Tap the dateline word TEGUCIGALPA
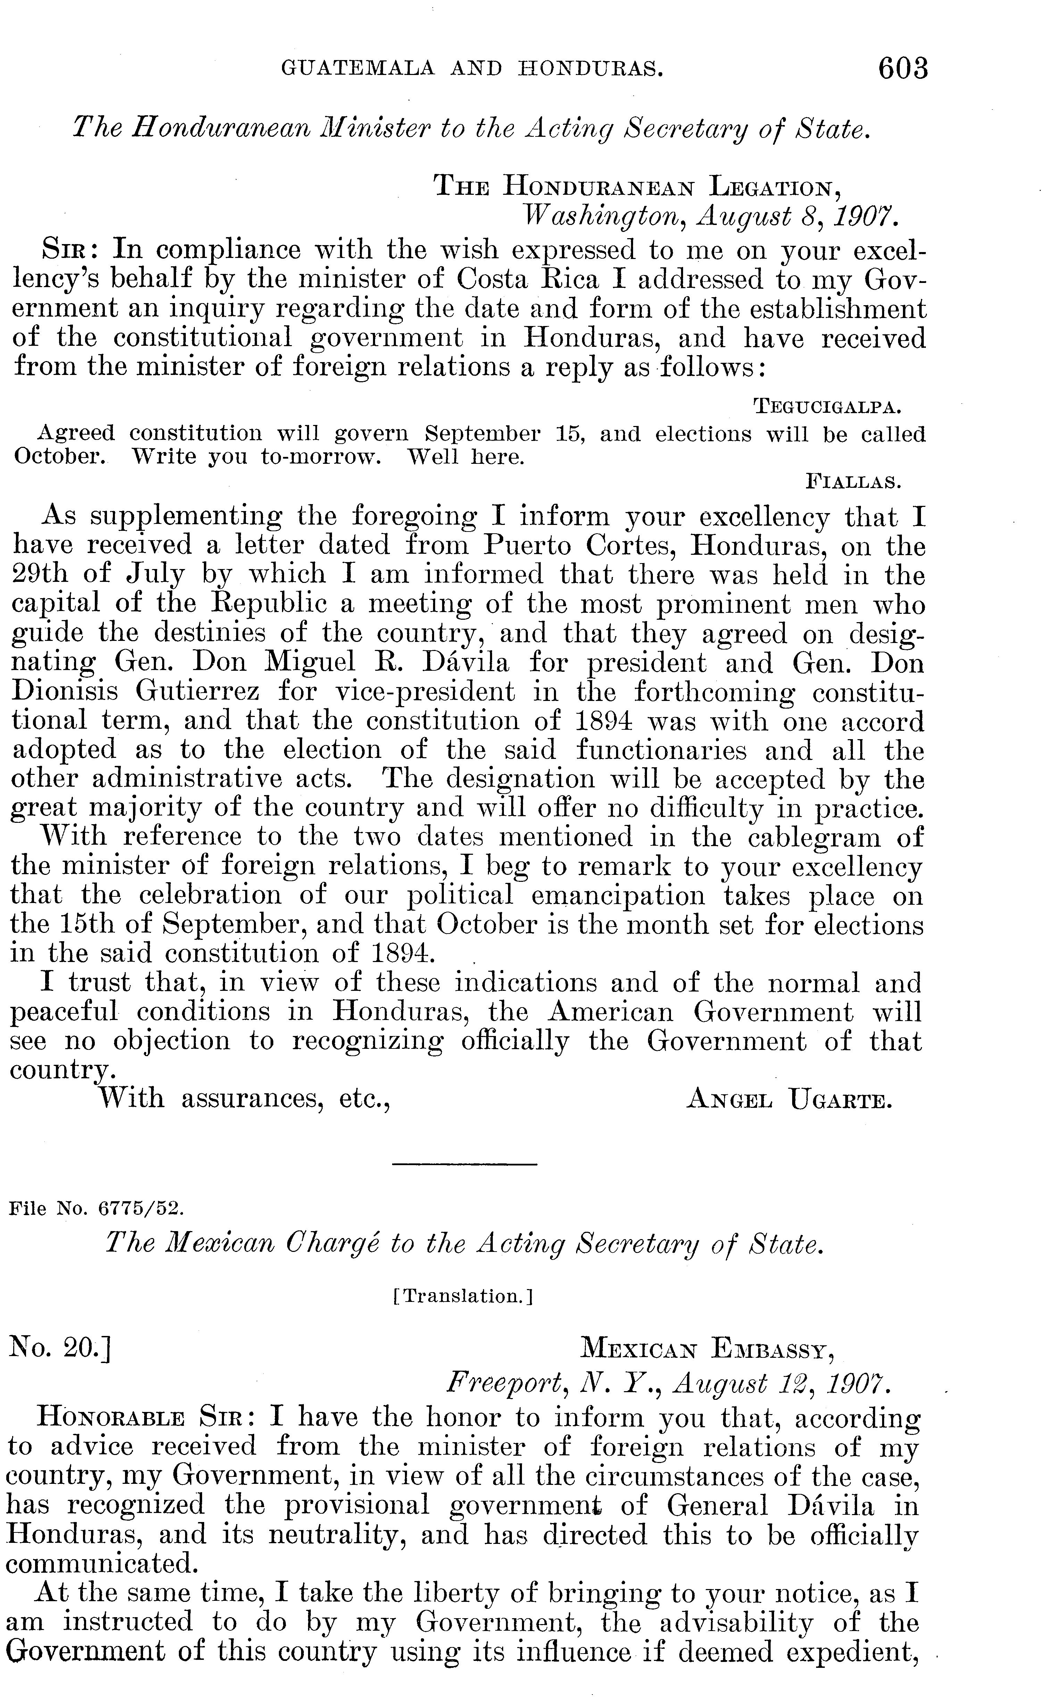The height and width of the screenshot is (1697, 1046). [827, 406]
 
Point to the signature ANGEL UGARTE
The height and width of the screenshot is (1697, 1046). [789, 1100]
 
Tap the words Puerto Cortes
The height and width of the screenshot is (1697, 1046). [580, 546]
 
